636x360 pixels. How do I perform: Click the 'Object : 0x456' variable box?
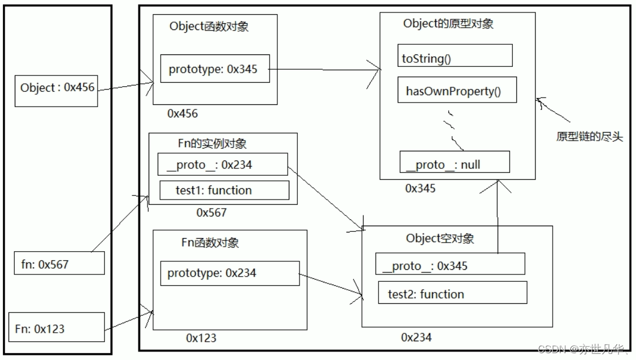point(56,91)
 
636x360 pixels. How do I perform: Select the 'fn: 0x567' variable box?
point(59,263)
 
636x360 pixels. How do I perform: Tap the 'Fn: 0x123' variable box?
point(57,327)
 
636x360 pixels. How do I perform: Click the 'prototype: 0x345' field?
point(215,69)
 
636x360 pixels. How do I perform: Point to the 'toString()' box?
point(455,56)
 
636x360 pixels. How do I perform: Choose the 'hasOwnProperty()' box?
point(457,90)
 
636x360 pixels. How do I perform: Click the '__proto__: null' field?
point(454,162)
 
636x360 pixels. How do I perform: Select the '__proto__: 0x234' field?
point(222,164)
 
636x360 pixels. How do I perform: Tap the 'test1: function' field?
point(224,190)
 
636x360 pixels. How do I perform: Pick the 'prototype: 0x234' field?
point(230,273)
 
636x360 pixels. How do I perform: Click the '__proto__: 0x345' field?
point(450,264)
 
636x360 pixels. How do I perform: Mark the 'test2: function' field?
point(453,293)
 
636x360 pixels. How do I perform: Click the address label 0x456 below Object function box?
point(183,113)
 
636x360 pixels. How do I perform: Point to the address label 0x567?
point(211,213)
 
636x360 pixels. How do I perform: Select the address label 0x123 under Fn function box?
point(201,338)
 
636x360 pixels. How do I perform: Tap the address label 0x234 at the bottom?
point(416,337)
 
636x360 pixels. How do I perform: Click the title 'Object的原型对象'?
point(448,23)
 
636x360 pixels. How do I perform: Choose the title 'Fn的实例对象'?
point(212,143)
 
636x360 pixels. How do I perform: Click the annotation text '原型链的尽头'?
point(589,136)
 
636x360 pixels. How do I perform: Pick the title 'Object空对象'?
point(440,238)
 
